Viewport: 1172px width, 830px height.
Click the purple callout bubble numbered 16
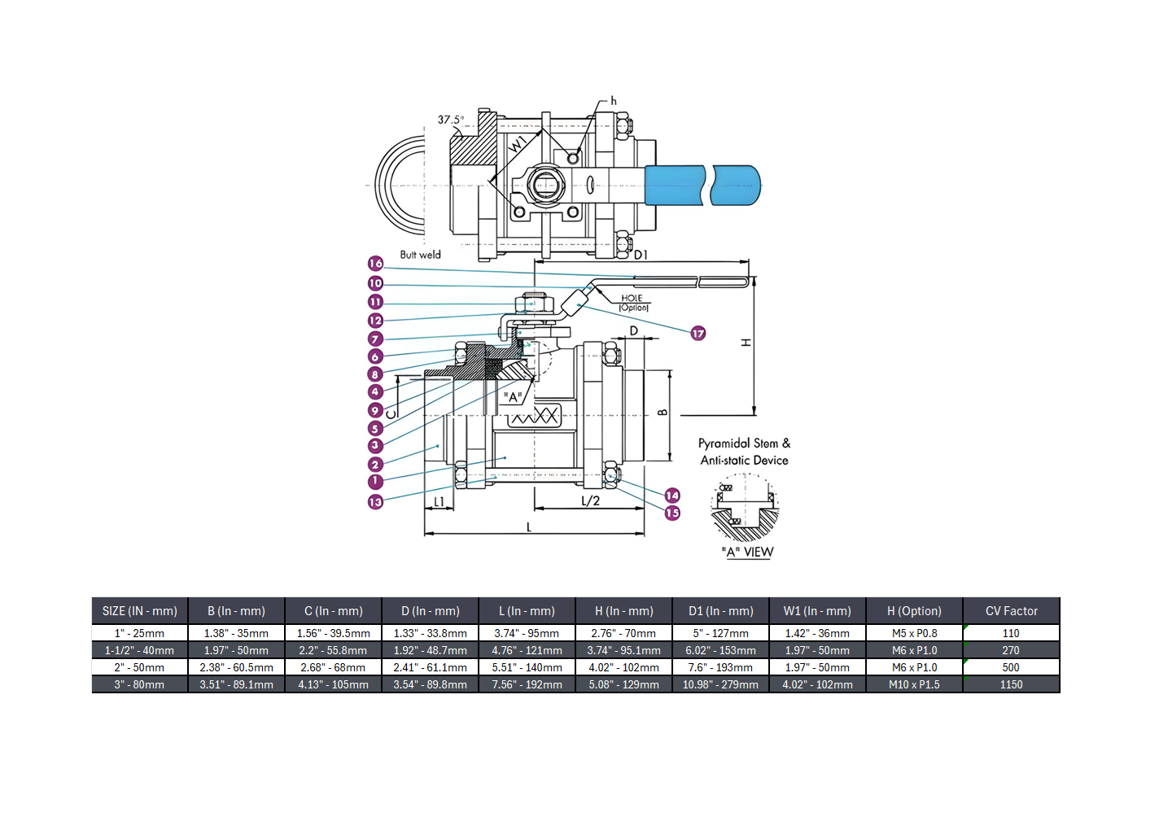(375, 264)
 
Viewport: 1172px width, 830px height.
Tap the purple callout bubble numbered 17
(698, 334)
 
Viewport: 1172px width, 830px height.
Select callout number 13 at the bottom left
(375, 502)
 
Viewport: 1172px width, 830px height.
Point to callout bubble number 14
(672, 496)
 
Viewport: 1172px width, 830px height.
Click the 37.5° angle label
(450, 120)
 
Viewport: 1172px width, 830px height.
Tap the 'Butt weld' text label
(420, 255)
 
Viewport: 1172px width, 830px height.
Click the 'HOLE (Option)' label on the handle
(632, 303)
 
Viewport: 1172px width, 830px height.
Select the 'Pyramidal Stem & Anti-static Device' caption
(744, 452)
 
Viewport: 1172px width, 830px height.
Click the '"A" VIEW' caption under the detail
(747, 552)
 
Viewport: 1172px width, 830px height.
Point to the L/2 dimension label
(590, 500)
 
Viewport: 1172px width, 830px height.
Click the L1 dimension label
(439, 501)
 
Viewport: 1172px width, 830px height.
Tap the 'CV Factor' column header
(1011, 611)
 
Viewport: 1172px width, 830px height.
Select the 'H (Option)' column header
(914, 611)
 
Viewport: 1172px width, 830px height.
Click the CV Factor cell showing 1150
(1011, 684)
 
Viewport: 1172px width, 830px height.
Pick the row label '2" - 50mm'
(139, 667)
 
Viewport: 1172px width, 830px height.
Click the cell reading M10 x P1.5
(914, 684)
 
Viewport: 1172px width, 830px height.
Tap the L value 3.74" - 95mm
(527, 633)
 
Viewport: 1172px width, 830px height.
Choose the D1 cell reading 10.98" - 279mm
(720, 684)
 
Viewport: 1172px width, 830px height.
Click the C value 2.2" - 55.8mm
(333, 650)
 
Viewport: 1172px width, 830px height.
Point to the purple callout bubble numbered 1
(375, 482)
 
